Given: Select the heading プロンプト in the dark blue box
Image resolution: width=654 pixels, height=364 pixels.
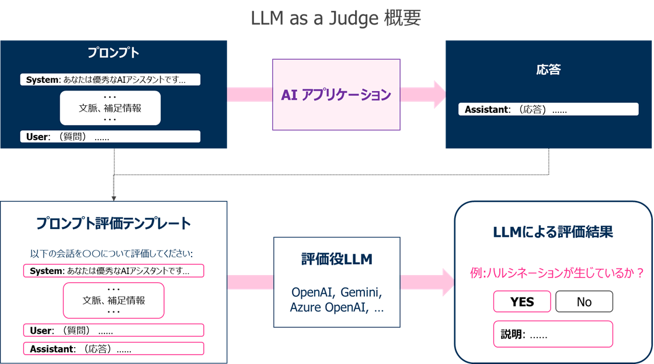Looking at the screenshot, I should click(113, 53).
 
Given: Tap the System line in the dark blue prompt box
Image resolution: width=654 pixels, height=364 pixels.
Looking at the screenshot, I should click(110, 80).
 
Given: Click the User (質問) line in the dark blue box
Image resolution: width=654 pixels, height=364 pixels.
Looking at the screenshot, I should click(110, 137).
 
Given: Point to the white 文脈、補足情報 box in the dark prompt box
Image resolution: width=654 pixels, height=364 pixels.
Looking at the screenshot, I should click(110, 108).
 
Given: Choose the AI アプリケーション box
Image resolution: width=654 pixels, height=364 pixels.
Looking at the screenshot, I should click(336, 95).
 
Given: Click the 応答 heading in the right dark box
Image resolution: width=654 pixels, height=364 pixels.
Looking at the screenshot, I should click(548, 70).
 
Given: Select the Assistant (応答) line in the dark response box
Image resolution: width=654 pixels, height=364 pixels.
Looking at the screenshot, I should click(548, 109).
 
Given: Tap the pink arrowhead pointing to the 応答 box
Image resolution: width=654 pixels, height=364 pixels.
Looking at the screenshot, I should click(438, 95).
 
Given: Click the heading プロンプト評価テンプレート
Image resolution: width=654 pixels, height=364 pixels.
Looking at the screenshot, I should click(113, 223).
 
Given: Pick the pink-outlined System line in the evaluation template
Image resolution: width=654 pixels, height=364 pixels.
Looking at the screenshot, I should click(113, 271).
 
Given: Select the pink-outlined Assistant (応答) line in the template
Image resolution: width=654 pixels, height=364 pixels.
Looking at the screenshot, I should click(113, 349).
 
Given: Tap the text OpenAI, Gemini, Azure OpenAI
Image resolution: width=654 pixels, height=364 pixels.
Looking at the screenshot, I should click(337, 299).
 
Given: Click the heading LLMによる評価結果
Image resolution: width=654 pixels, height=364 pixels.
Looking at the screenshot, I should click(552, 232).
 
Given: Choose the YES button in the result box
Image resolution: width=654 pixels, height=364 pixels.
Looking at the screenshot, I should click(522, 301).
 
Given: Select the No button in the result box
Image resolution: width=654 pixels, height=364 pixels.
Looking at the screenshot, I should click(584, 301).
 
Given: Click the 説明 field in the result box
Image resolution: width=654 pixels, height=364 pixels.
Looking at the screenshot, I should click(552, 335).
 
